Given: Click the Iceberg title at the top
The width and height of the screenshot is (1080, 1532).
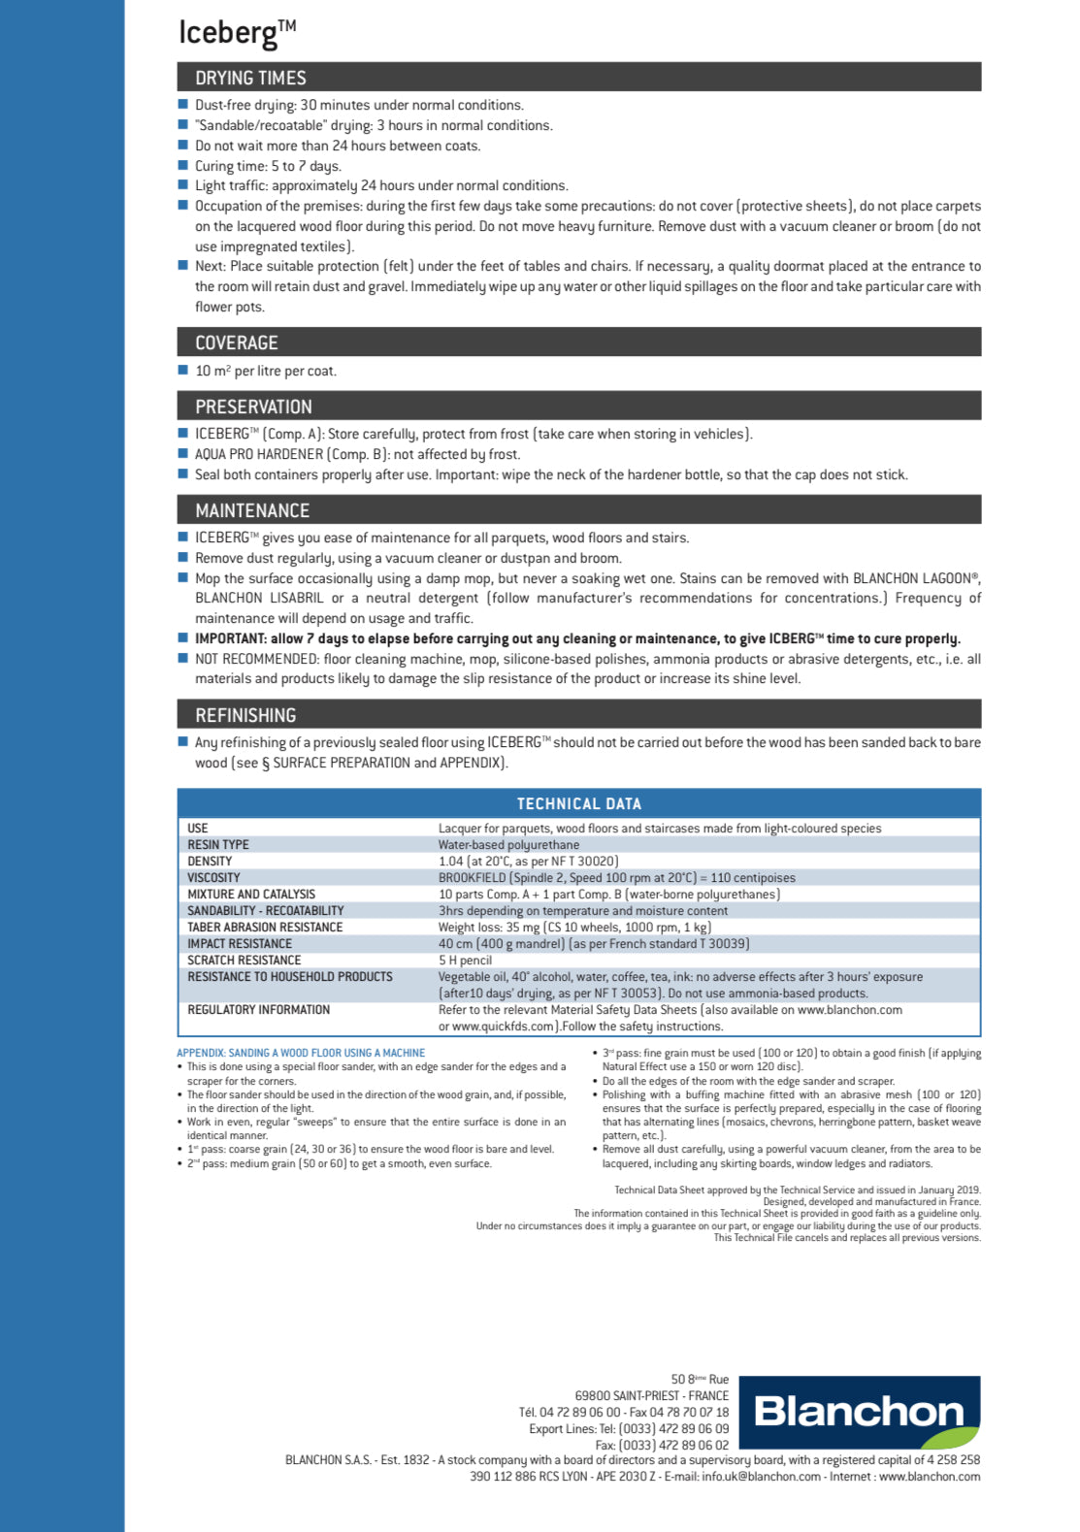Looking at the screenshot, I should point(236,32).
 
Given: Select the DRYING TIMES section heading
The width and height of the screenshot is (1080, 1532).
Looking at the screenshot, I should point(250,78).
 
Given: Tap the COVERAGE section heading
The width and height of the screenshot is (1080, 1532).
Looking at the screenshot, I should point(236,342).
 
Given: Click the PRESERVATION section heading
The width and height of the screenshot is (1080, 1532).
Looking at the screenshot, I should point(253,407).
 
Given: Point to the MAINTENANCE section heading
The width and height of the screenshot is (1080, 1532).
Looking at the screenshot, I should point(252,510).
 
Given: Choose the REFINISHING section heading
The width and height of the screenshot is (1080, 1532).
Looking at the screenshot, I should point(245,715).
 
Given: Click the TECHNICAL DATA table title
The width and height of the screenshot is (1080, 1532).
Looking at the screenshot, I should point(578,803).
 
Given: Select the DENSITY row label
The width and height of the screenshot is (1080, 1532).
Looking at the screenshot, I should point(210,862).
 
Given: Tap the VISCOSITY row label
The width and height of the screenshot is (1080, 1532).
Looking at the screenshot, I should point(213,878).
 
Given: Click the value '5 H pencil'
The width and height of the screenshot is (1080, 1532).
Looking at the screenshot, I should point(465,961).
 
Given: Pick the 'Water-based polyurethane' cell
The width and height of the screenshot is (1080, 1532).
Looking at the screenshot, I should point(508,845).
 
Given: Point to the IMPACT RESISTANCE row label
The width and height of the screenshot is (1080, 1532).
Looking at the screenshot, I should point(240,944).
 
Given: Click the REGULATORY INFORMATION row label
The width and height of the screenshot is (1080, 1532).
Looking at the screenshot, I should point(258,1010).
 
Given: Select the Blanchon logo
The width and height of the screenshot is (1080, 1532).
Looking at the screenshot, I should point(860,1412).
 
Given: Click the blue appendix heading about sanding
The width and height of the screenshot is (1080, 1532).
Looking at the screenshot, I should point(301,1053).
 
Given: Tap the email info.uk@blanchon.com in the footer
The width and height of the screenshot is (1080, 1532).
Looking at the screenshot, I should point(762,1477).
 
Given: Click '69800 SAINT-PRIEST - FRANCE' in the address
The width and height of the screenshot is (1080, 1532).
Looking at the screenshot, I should point(651,1396).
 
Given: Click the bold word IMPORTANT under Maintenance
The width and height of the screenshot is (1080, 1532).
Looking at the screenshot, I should point(231,638).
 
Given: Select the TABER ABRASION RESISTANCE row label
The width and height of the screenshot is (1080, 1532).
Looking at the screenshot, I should point(265,928).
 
